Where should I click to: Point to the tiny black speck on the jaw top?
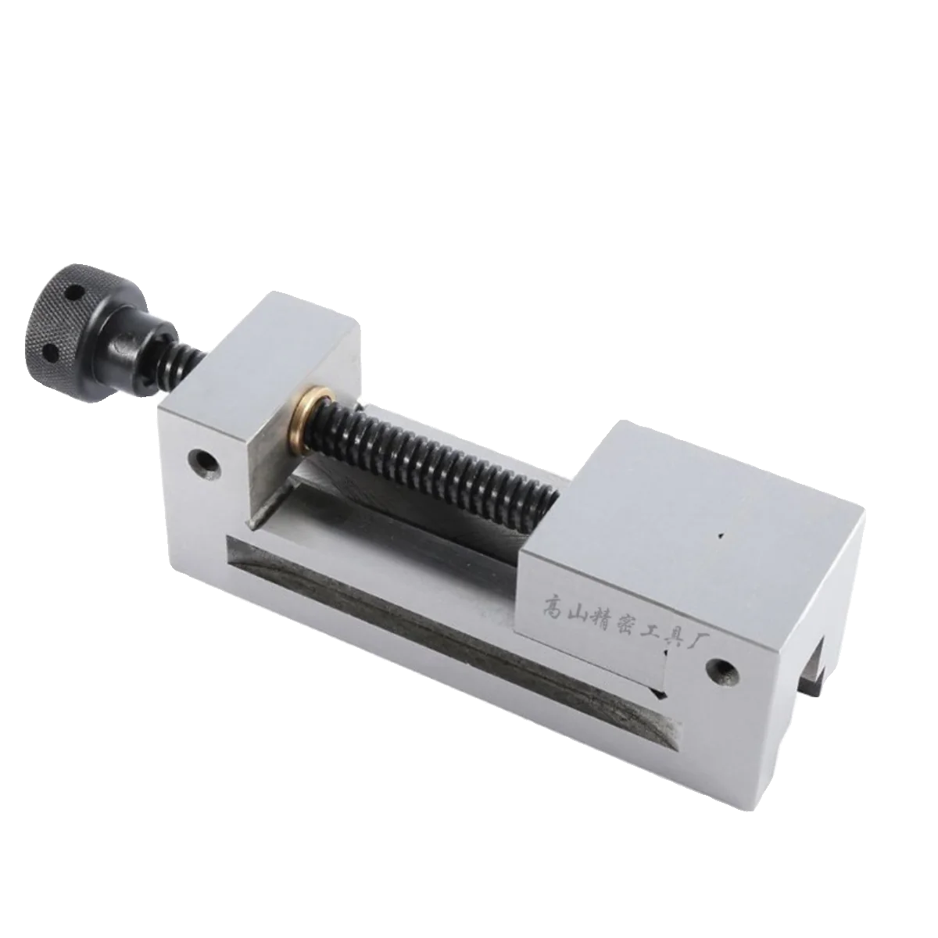723,536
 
